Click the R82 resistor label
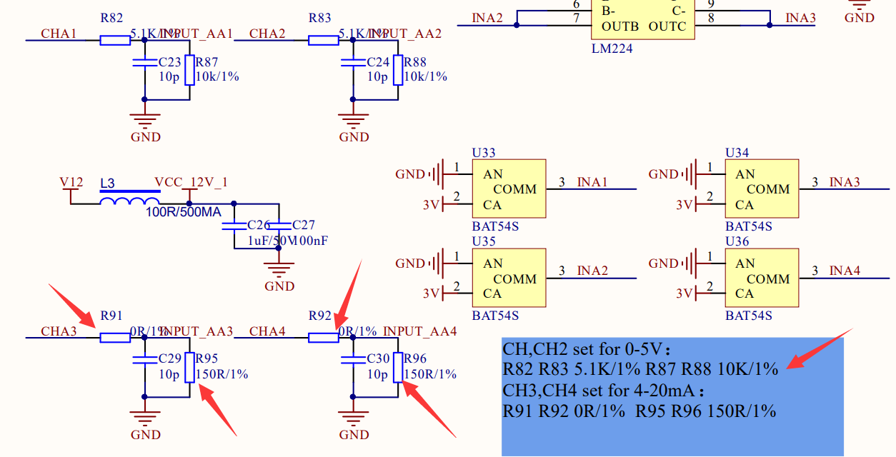(111, 19)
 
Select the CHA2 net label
(267, 34)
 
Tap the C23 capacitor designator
(170, 62)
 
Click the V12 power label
(71, 183)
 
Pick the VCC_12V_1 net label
(191, 183)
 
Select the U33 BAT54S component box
(509, 189)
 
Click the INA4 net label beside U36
(845, 271)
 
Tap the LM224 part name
(612, 49)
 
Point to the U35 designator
(484, 241)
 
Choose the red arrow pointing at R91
(72, 306)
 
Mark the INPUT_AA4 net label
(420, 331)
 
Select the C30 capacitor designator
(379, 358)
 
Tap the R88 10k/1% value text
(426, 76)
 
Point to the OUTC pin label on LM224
(667, 26)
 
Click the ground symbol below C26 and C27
(279, 271)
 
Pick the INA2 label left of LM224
(487, 18)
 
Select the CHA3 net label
(59, 331)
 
